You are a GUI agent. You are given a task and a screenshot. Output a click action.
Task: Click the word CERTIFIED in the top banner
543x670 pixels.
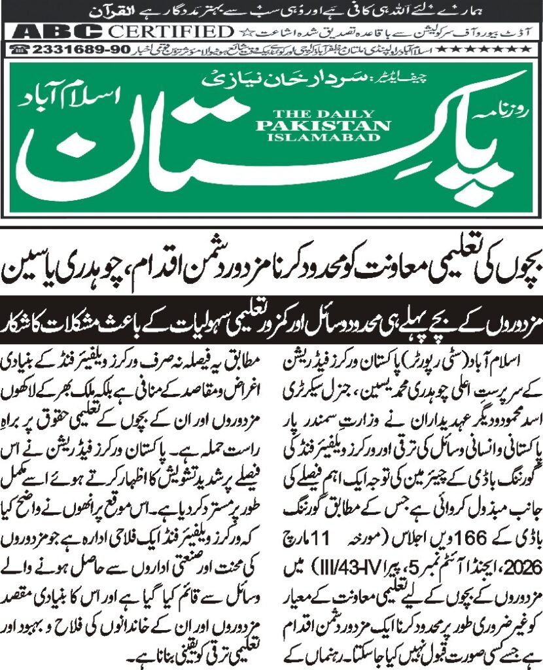pyautogui.click(x=171, y=32)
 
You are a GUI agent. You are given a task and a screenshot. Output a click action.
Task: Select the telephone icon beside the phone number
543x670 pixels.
pyautogui.click(x=20, y=50)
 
